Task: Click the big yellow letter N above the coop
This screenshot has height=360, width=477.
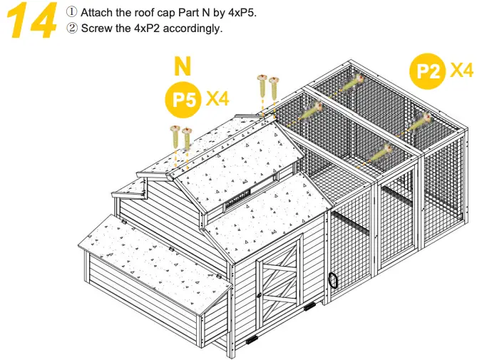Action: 183,67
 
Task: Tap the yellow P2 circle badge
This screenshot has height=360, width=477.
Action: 428,71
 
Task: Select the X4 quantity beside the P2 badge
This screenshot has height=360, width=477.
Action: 462,70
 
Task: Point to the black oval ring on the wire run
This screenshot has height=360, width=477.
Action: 333,280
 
